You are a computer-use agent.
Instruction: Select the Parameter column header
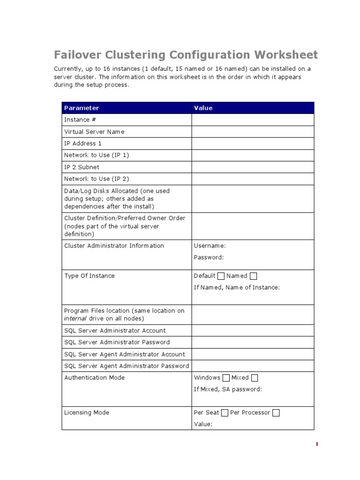82,108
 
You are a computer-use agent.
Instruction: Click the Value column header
203,108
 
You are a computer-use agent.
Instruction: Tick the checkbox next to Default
221,276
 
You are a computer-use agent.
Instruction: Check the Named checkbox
254,276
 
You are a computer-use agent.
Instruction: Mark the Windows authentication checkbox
226,378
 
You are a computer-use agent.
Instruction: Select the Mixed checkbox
255,378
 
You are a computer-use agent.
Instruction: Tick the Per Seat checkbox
225,413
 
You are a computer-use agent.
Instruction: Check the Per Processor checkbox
276,413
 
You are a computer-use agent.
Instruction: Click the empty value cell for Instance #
252,120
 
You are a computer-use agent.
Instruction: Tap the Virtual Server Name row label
94,132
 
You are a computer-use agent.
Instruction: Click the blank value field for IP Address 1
252,143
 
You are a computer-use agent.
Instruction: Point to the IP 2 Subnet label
82,167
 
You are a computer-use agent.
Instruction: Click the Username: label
210,246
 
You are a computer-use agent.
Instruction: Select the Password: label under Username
209,257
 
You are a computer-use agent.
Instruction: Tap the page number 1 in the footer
317,444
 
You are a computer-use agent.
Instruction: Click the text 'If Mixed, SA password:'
228,389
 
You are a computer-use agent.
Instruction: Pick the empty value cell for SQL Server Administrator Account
252,330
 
